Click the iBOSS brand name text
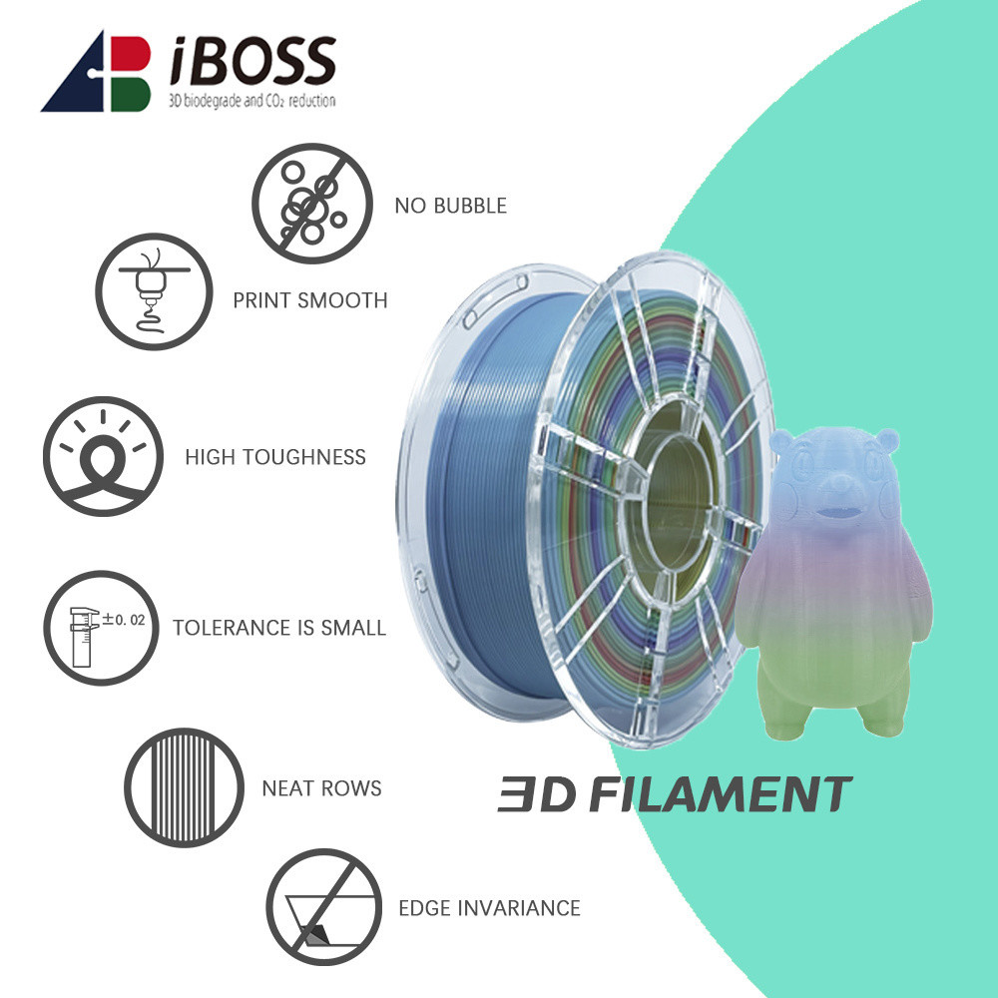coord(252,61)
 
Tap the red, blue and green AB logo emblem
coord(96,71)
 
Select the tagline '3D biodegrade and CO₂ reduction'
coord(252,101)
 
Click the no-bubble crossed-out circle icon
coord(311,203)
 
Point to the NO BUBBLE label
coord(451,206)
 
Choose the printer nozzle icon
coord(154,290)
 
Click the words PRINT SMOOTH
coord(310,300)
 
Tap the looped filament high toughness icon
coord(103,456)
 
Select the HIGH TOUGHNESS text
coord(275,457)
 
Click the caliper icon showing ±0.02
coord(101,628)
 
